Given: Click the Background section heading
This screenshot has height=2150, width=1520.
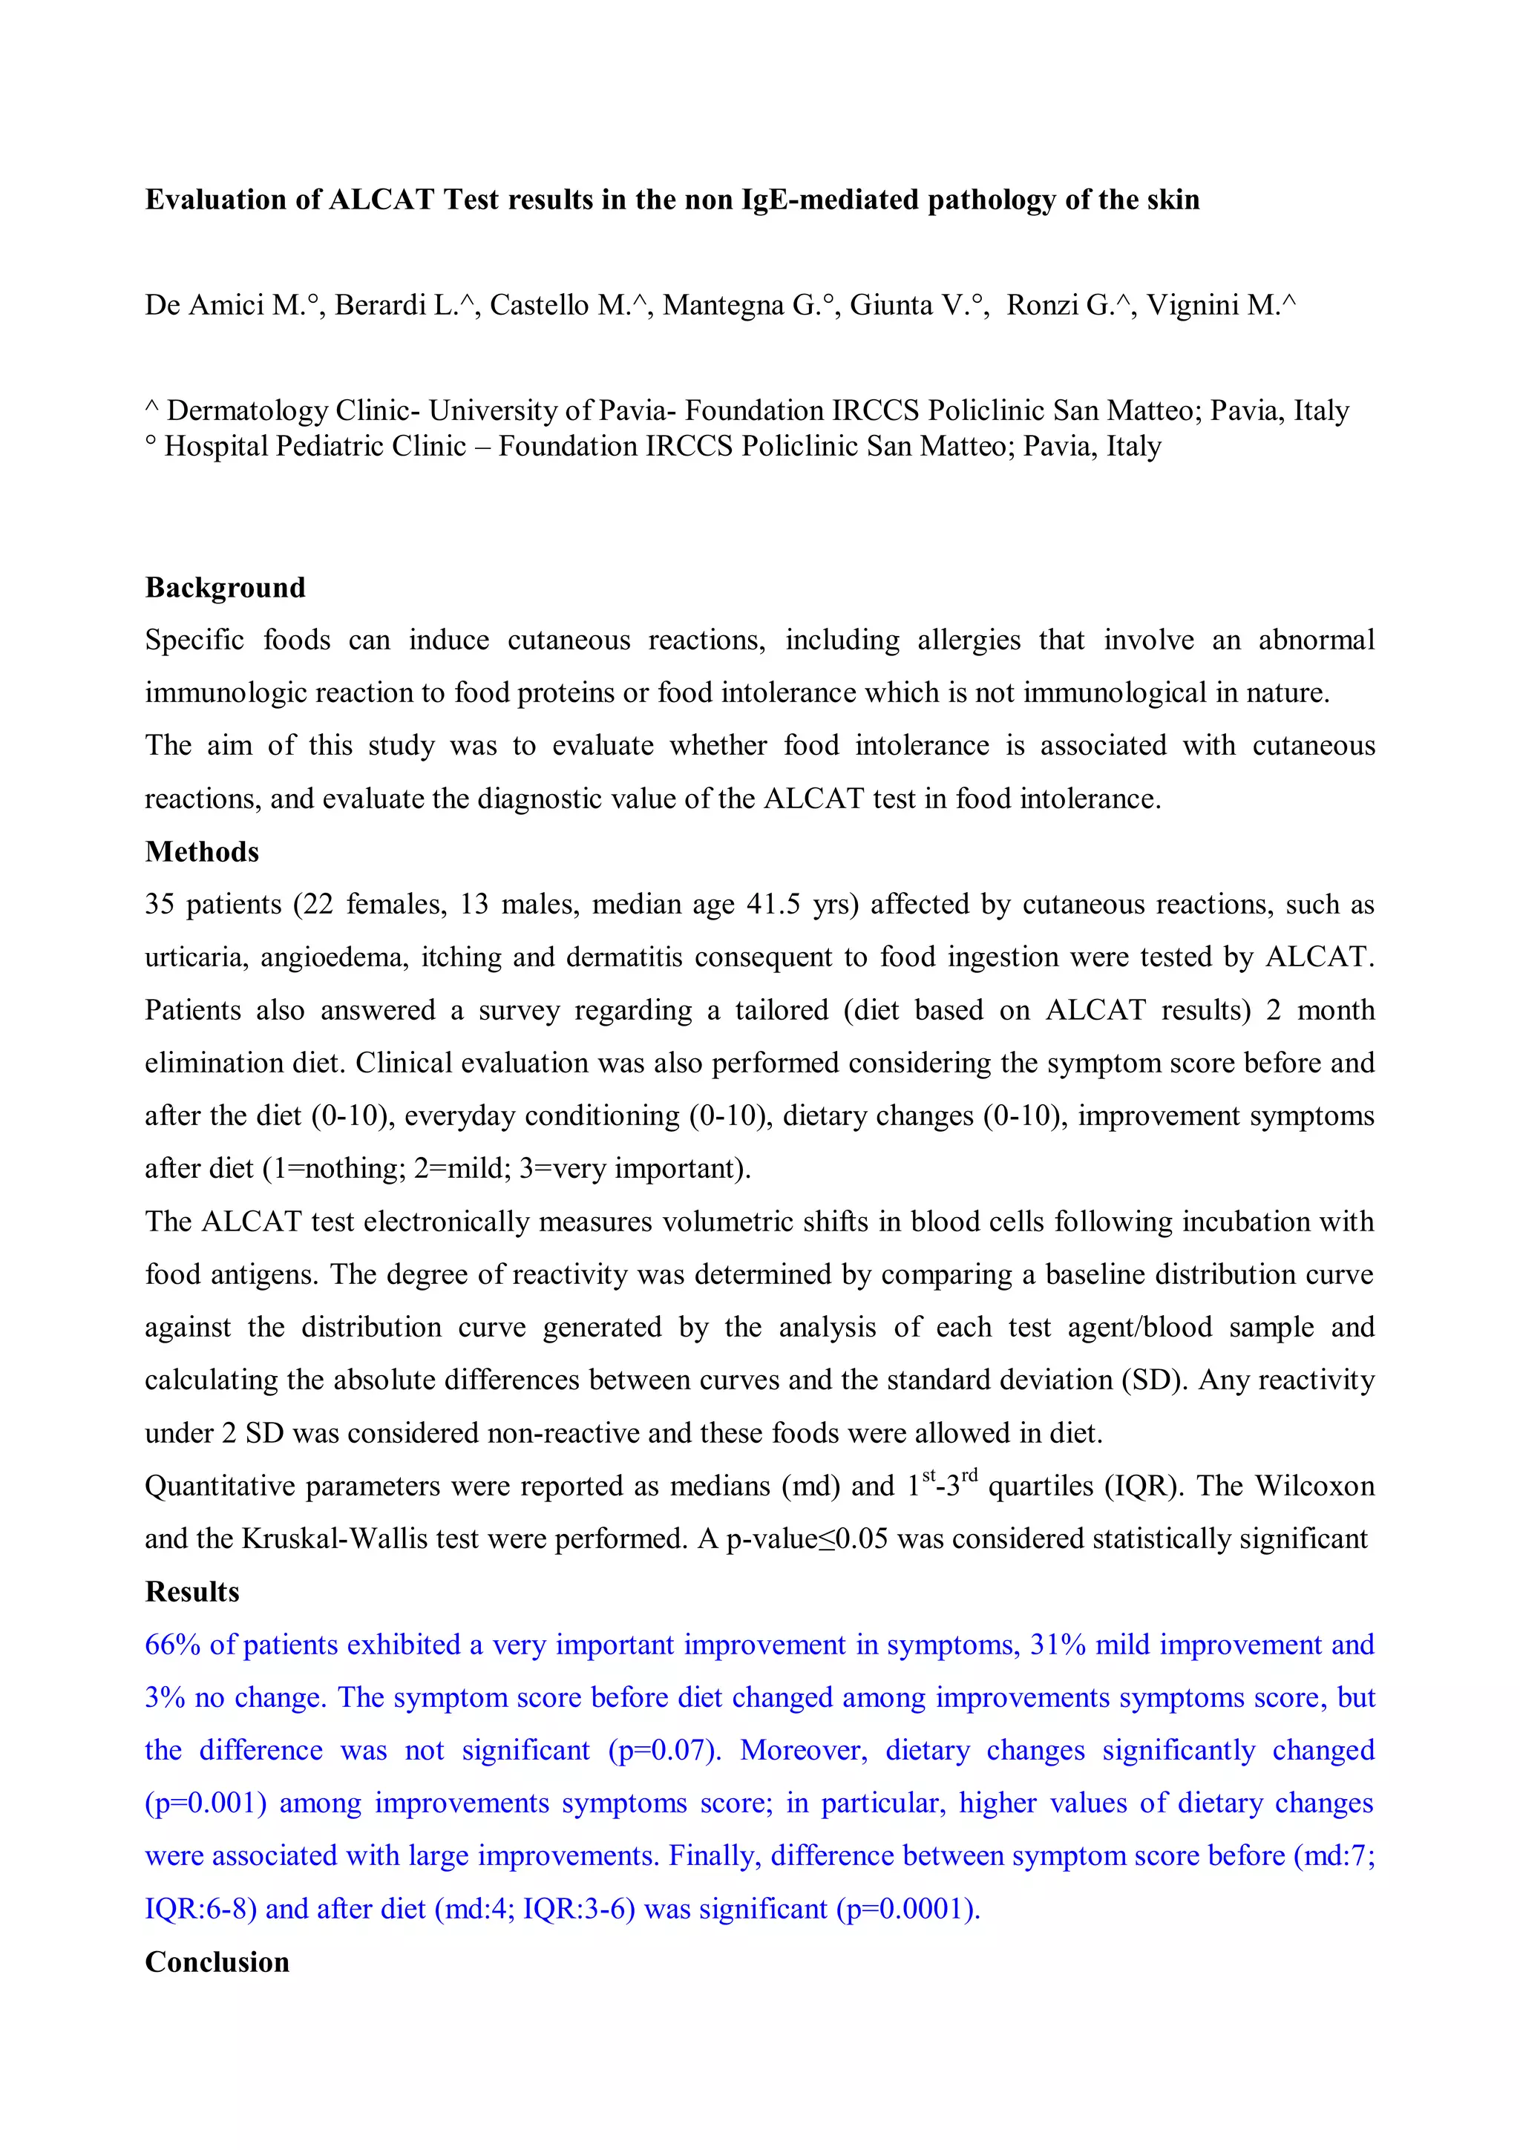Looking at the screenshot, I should pyautogui.click(x=225, y=587).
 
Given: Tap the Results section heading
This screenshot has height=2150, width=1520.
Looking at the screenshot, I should pyautogui.click(x=192, y=1591).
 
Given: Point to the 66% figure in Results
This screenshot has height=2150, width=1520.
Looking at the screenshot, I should pyautogui.click(x=172, y=1645).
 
